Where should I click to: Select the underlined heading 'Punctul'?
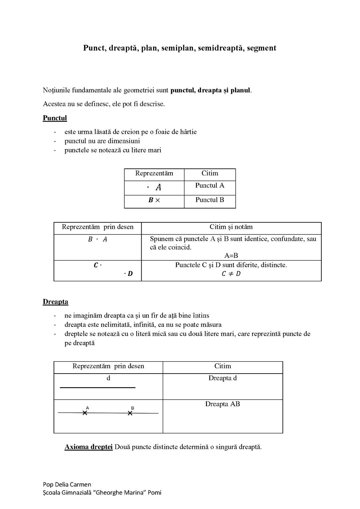pyautogui.click(x=55, y=118)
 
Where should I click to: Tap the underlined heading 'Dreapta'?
pyautogui.click(x=55, y=302)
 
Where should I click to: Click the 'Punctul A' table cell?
pyautogui.click(x=210, y=185)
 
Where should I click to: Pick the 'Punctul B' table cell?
pyautogui.click(x=210, y=200)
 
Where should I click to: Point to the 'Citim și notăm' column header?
pyautogui.click(x=231, y=227)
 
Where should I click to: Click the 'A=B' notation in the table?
pyautogui.click(x=231, y=256)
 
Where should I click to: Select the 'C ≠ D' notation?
pyautogui.click(x=231, y=274)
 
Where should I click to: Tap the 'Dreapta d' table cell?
pyautogui.click(x=223, y=378)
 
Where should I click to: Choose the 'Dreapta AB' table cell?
pyautogui.click(x=223, y=404)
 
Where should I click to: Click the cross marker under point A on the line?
pyautogui.click(x=85, y=413)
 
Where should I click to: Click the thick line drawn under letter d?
pyautogui.click(x=98, y=388)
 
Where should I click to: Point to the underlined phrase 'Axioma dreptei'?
pyautogui.click(x=88, y=447)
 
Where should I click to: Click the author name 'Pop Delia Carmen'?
pyautogui.click(x=67, y=485)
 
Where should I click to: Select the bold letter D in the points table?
pyautogui.click(x=130, y=274)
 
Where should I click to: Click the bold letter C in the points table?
pyautogui.click(x=96, y=266)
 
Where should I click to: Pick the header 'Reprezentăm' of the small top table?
pyautogui.click(x=154, y=173)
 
